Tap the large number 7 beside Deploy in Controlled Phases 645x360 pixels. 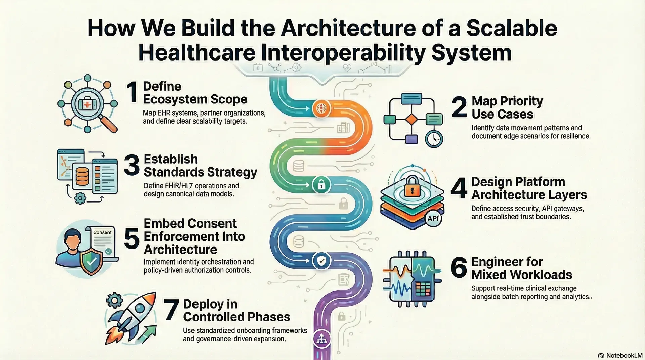[x=171, y=310]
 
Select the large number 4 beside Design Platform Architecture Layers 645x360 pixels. [x=459, y=188]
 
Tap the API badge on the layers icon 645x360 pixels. [x=433, y=218]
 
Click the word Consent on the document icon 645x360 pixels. [x=102, y=232]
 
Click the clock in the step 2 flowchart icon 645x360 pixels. [x=434, y=138]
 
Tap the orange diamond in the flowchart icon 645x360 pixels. [x=412, y=119]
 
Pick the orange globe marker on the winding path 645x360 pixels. [x=321, y=108]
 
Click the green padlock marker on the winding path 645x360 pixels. [x=321, y=185]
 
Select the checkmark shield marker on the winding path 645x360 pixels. [x=321, y=261]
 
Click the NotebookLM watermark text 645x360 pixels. [x=624, y=355]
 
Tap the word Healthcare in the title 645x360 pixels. [x=197, y=53]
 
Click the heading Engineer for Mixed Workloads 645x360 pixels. [x=521, y=268]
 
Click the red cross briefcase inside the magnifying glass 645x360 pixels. [x=87, y=104]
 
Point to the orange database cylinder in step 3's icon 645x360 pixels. [x=82, y=177]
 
